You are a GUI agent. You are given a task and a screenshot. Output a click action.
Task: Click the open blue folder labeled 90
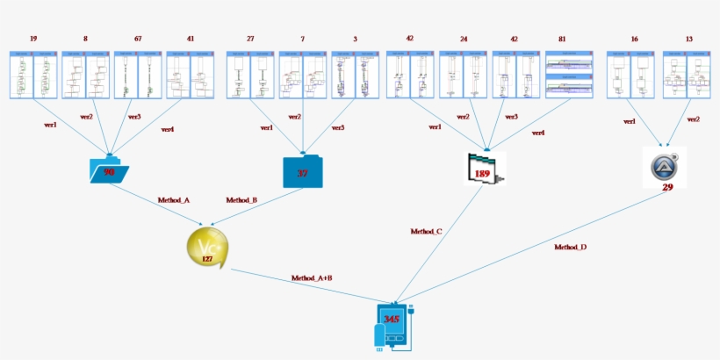(109, 170)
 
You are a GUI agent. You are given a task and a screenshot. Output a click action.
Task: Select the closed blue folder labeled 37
(302, 172)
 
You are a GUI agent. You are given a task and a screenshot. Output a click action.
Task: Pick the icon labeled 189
(485, 169)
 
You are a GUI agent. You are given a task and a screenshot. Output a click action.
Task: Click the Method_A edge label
(173, 200)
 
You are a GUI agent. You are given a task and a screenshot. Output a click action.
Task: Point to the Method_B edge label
(241, 200)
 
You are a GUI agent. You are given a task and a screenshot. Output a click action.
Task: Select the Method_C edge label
(426, 232)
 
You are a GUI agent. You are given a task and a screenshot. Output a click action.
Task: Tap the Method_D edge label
(570, 248)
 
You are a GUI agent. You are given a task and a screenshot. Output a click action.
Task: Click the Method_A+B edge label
(312, 278)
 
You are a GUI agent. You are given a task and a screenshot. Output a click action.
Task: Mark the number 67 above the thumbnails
(138, 39)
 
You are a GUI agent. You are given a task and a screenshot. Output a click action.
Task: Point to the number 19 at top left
(33, 39)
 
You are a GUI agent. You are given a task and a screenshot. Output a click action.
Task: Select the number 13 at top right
(688, 39)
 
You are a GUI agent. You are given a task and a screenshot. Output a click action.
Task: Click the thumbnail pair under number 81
(571, 74)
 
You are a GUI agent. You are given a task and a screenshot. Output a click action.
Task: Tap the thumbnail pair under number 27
(250, 74)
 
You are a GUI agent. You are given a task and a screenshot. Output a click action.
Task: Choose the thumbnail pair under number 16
(633, 74)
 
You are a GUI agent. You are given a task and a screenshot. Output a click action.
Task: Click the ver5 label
(337, 128)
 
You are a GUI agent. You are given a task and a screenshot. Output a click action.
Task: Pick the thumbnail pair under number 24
(463, 74)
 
